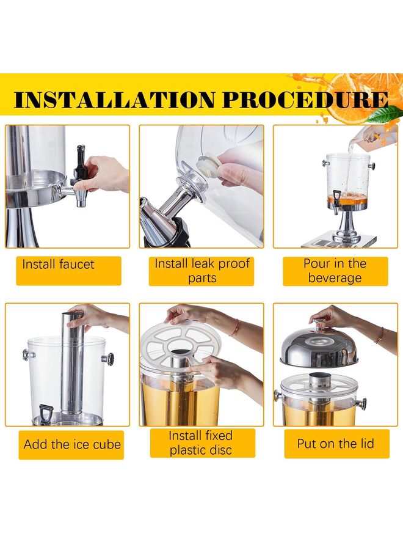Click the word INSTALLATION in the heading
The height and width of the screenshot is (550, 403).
coord(114,100)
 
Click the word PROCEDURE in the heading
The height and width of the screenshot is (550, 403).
coord(305,100)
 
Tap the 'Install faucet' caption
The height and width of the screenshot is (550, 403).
coord(58,264)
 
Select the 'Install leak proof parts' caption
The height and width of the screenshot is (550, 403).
coord(202,271)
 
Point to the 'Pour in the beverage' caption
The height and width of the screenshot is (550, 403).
coord(335,271)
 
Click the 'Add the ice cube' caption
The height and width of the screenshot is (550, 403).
coord(72,444)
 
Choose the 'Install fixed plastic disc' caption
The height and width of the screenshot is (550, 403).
coord(200,442)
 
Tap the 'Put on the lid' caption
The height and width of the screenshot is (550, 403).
coord(336,444)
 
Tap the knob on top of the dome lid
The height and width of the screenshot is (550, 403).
coord(318,323)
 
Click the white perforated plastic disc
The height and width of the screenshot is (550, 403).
coord(180,342)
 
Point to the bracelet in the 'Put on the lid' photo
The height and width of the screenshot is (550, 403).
coord(380,335)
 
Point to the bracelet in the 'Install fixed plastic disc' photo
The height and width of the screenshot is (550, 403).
coord(236,328)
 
